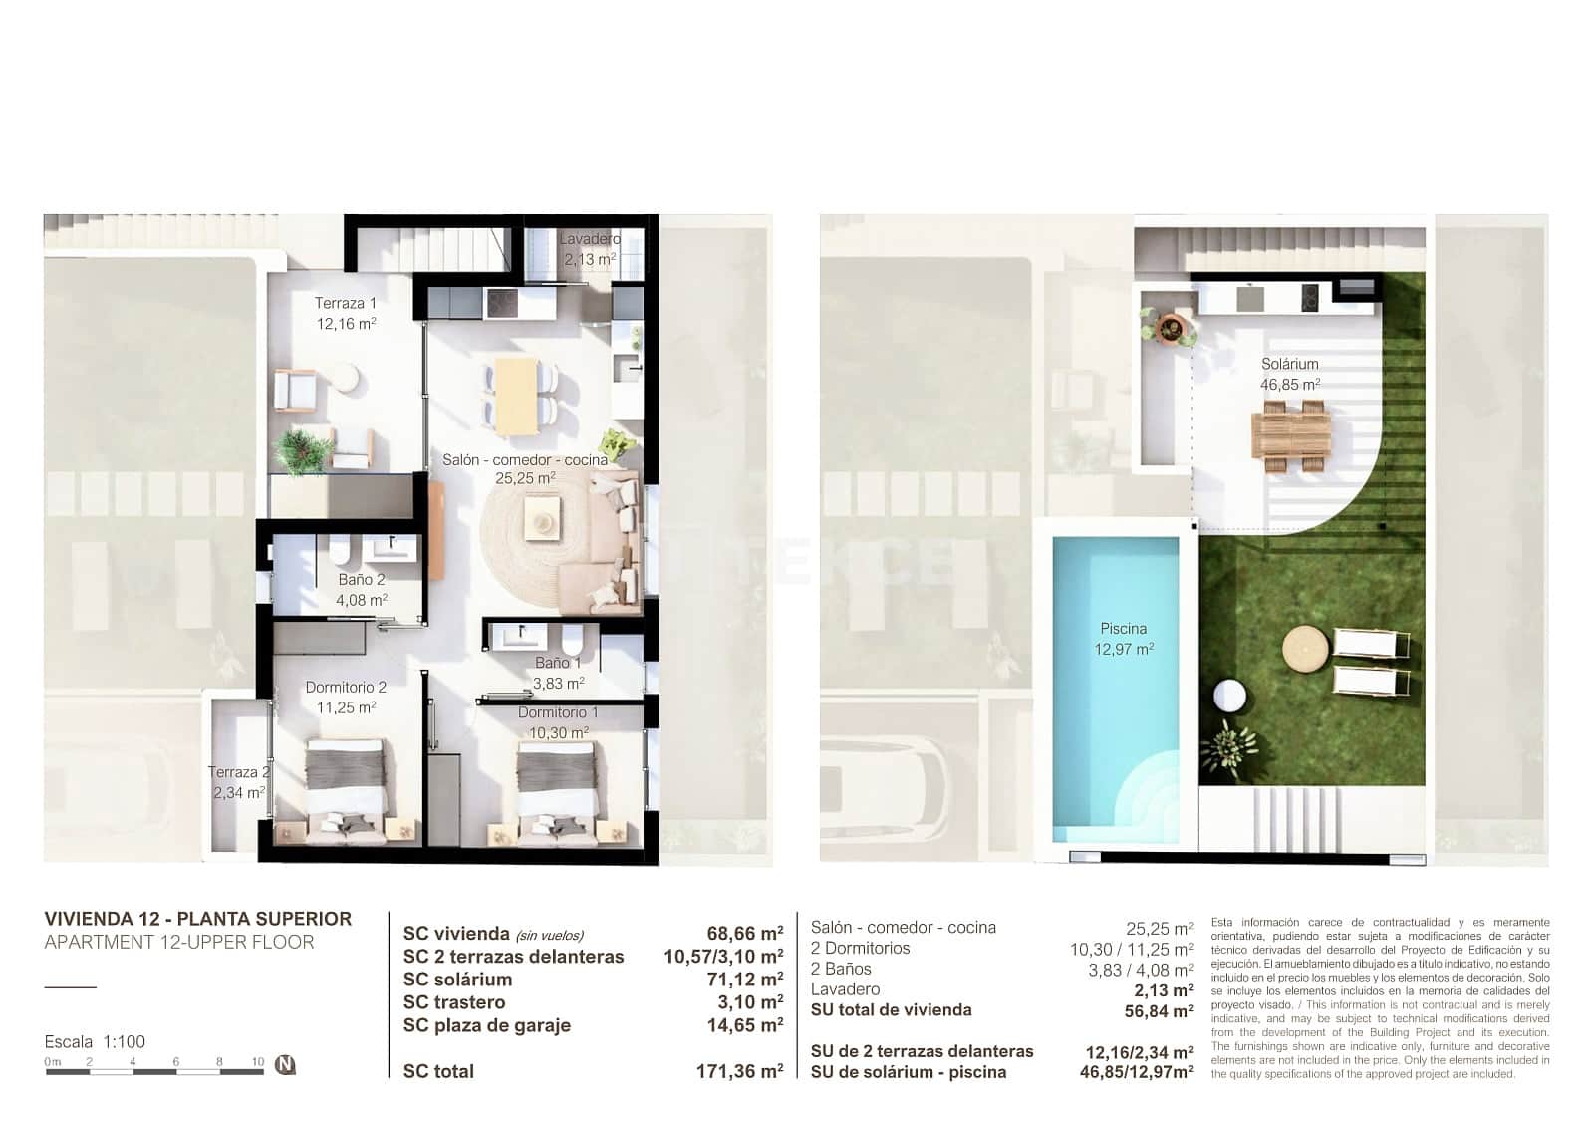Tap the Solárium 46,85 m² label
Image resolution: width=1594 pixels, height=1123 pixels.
(1290, 374)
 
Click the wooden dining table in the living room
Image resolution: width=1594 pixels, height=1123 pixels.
(516, 396)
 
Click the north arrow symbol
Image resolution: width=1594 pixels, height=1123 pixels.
(285, 1064)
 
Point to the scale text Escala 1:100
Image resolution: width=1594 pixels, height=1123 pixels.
(95, 1042)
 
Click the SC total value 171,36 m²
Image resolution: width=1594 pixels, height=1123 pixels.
(739, 1072)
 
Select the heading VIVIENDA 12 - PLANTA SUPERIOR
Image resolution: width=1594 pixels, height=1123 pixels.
(198, 919)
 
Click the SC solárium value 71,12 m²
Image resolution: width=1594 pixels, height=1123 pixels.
(744, 980)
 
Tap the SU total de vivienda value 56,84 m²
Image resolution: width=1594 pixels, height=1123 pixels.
(1158, 1011)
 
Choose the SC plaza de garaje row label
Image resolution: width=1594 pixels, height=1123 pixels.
(486, 1025)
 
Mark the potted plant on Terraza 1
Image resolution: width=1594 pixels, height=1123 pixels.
(300, 449)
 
